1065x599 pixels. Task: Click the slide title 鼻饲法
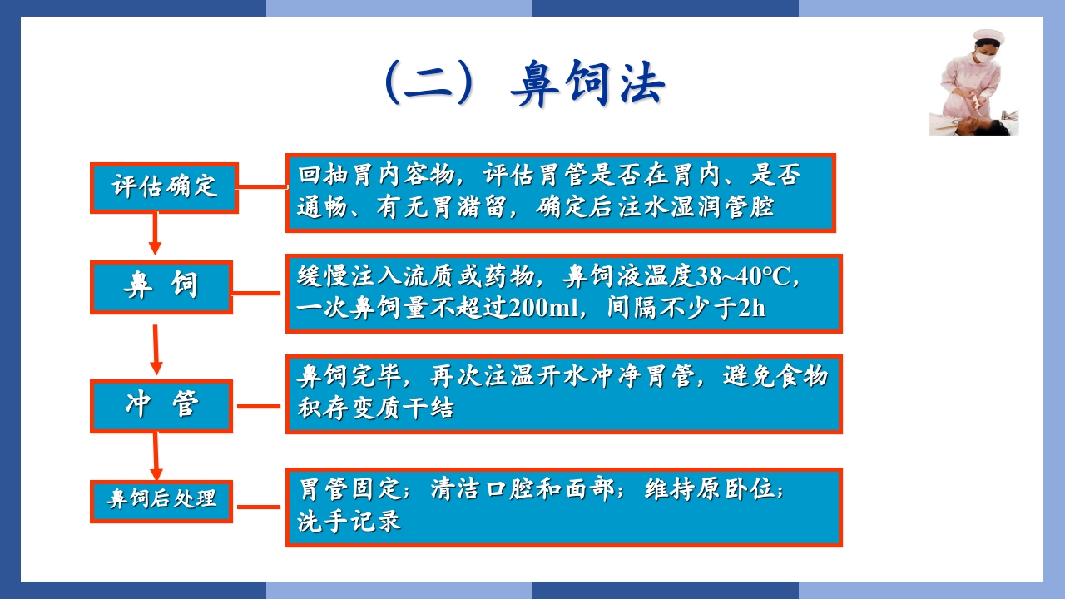click(587, 83)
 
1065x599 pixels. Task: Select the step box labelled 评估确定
click(165, 186)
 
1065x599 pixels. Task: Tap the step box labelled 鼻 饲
click(161, 286)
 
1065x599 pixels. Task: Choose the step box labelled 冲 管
click(161, 406)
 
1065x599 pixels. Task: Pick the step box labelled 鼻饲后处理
click(161, 500)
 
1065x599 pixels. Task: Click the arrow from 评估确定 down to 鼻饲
click(155, 234)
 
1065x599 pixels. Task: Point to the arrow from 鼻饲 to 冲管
click(155, 349)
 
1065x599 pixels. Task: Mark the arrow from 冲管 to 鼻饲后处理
click(155, 456)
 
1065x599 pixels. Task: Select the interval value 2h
click(751, 308)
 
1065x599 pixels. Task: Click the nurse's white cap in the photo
click(988, 37)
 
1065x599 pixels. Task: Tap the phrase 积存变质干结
click(375, 408)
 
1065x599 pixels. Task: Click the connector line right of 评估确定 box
click(262, 187)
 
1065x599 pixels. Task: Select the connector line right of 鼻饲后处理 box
click(259, 506)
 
